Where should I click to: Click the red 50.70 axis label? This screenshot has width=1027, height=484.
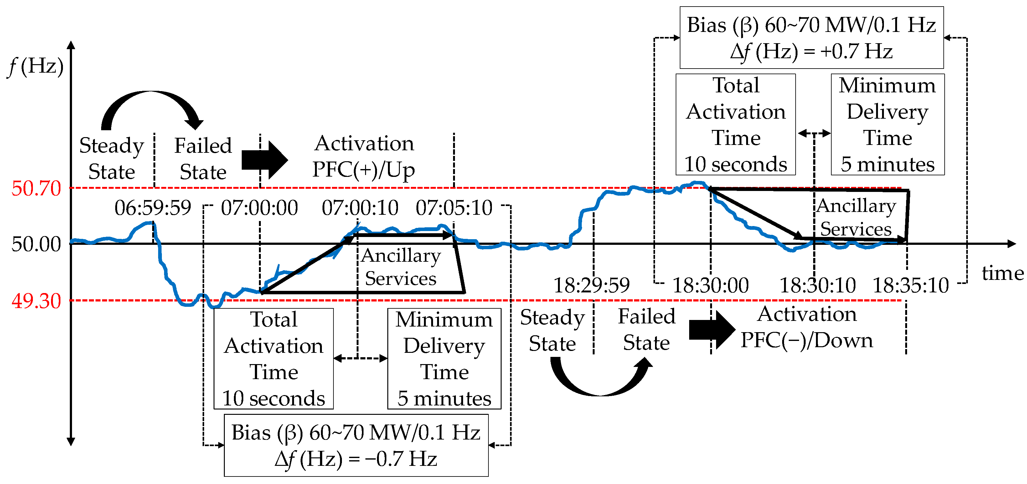(36, 188)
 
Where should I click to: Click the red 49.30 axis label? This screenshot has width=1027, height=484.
(36, 301)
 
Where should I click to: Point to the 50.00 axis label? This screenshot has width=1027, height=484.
(36, 244)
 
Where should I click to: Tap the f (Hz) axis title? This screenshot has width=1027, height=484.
(36, 66)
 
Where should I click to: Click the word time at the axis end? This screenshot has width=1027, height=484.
(1002, 274)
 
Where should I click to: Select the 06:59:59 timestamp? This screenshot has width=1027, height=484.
(153, 208)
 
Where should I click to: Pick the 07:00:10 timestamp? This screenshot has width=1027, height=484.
(360, 208)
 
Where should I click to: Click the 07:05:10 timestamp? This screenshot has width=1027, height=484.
(454, 208)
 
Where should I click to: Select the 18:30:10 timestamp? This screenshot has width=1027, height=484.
(817, 286)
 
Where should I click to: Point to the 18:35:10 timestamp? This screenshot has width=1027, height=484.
(911, 286)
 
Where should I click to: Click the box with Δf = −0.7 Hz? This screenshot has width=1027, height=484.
(356, 445)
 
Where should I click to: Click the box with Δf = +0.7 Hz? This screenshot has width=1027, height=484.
(811, 38)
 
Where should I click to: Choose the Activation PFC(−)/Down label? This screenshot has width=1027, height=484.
(807, 327)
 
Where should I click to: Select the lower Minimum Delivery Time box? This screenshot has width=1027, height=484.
(444, 358)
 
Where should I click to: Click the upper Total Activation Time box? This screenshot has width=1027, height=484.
(735, 124)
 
